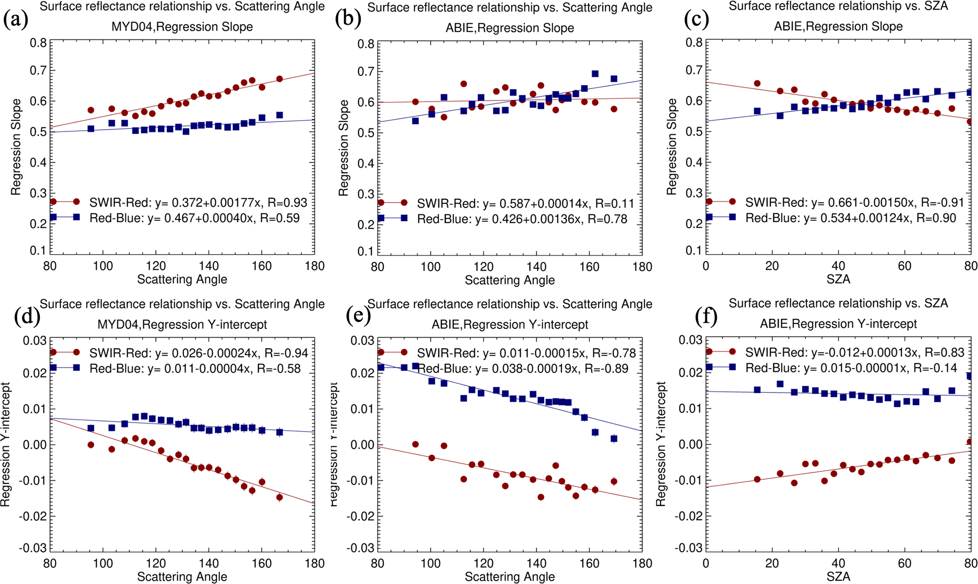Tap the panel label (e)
[x=358, y=316]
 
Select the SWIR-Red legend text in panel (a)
[x=198, y=203]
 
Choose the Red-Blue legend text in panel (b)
[x=522, y=219]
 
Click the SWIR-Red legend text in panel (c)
[x=855, y=203]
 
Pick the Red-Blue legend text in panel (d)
[x=195, y=369]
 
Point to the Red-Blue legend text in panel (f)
[x=851, y=368]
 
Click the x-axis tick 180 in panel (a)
[x=315, y=266]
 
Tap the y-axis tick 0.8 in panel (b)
[x=366, y=44]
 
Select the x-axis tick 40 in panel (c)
[x=838, y=266]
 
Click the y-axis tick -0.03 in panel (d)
[x=33, y=548]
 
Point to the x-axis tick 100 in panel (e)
[x=431, y=563]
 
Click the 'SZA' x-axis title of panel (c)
[x=838, y=279]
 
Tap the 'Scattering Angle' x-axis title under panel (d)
[x=182, y=576]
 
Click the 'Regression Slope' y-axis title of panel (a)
[x=16, y=147]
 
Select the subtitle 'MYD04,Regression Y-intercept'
[x=182, y=325]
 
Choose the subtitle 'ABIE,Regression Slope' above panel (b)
[x=510, y=28]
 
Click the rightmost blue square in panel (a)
[x=280, y=115]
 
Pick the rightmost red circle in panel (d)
[x=280, y=497]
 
